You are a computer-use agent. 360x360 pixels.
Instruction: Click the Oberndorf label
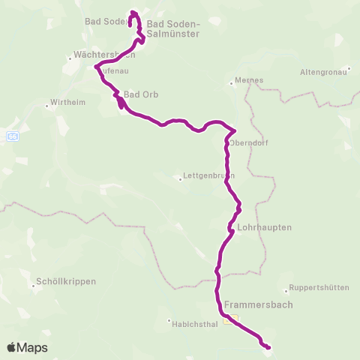tap(250, 142)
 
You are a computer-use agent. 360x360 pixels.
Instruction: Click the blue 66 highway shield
tap(12, 137)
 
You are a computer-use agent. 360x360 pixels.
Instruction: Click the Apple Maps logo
tap(27, 347)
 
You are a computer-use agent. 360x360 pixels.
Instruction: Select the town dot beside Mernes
tap(234, 84)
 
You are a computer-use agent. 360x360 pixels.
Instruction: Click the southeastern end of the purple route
tap(268, 346)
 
